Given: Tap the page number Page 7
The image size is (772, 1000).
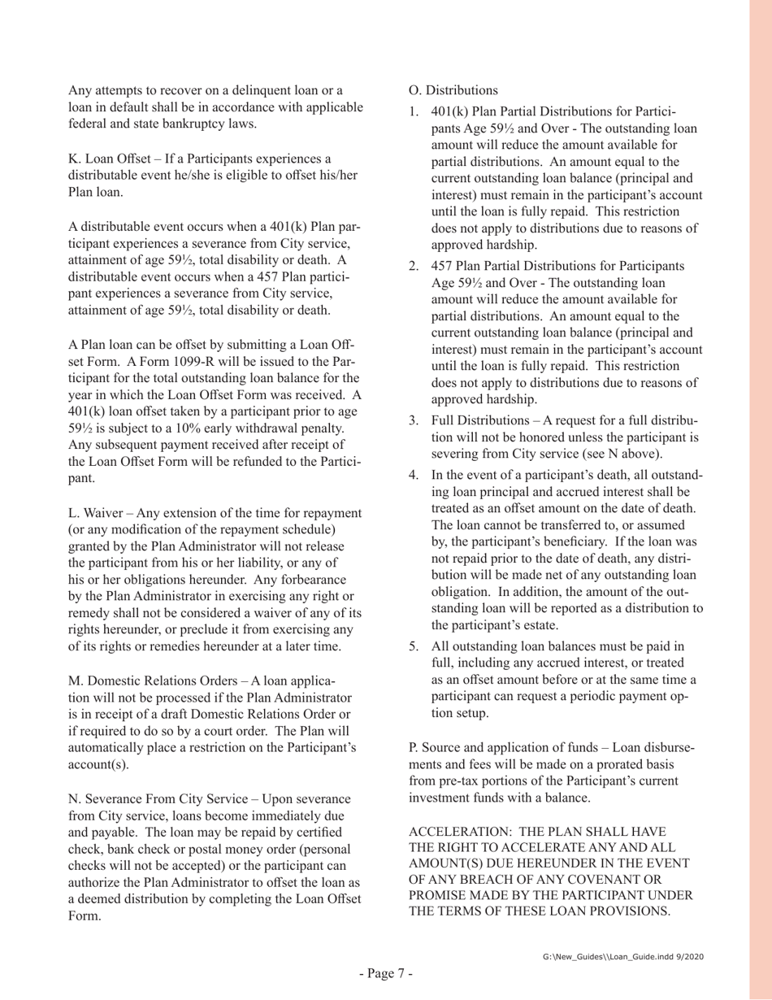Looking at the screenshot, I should [387, 972].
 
